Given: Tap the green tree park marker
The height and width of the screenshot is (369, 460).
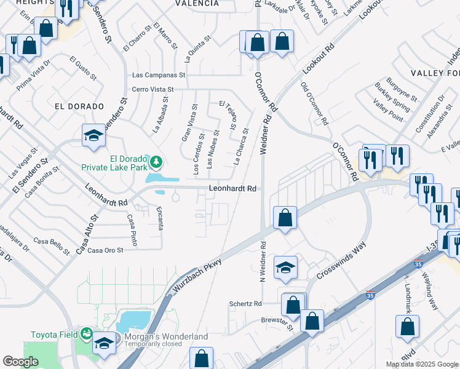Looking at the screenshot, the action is point(157,162).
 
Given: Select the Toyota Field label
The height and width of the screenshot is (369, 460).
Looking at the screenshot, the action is point(55,335).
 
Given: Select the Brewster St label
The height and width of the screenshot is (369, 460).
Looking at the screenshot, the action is point(276,320).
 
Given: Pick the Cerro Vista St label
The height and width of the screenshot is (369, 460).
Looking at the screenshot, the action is point(153,89).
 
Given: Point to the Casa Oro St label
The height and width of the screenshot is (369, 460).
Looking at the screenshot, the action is point(106,250).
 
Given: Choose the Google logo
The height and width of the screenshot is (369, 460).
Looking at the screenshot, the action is point(20,362).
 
